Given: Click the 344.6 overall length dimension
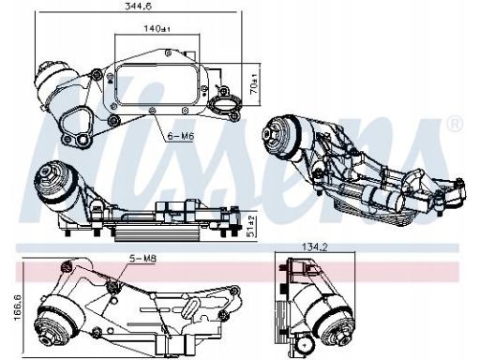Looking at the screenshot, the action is pyautogui.click(x=138, y=7).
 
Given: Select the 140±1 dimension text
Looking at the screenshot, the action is pyautogui.click(x=157, y=29).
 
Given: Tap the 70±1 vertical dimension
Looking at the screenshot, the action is pyautogui.click(x=254, y=84).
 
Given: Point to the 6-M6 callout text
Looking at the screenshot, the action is pyautogui.click(x=181, y=136).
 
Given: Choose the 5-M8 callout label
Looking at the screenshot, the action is pyautogui.click(x=142, y=259).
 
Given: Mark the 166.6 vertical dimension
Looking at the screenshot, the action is pyautogui.click(x=18, y=307).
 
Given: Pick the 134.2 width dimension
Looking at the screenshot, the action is pyautogui.click(x=315, y=247).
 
